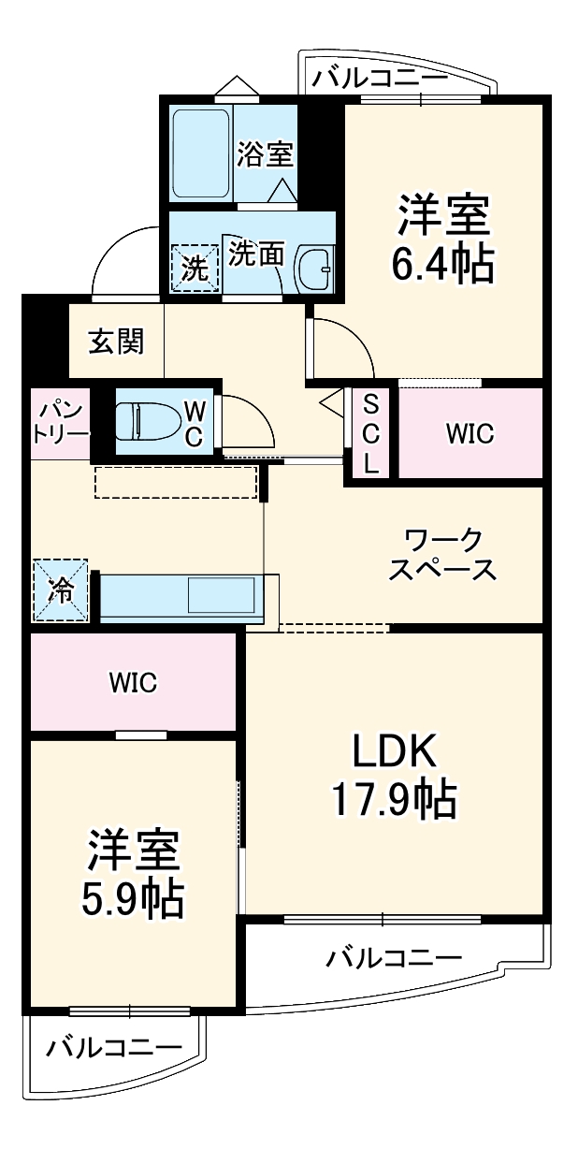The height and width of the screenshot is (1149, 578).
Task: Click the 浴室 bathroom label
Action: (265, 153)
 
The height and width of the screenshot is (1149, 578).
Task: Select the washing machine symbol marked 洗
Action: (194, 269)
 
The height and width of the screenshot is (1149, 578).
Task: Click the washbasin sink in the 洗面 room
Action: (313, 270)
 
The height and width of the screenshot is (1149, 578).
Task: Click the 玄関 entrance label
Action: (116, 342)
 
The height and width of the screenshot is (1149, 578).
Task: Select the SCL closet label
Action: (371, 434)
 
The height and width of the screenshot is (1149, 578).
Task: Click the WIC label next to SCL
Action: (470, 434)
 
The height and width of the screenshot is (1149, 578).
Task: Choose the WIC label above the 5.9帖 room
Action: (133, 682)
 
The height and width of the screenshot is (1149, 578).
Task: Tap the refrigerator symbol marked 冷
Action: (62, 589)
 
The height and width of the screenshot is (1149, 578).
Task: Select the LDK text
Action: (394, 749)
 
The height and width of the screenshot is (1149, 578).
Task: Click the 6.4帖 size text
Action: (442, 266)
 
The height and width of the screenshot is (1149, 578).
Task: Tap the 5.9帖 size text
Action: (135, 899)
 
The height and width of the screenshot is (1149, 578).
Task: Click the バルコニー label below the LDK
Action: (394, 958)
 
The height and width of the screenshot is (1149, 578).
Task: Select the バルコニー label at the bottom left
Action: (115, 1046)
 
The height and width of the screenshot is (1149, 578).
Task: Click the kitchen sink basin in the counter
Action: (223, 595)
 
